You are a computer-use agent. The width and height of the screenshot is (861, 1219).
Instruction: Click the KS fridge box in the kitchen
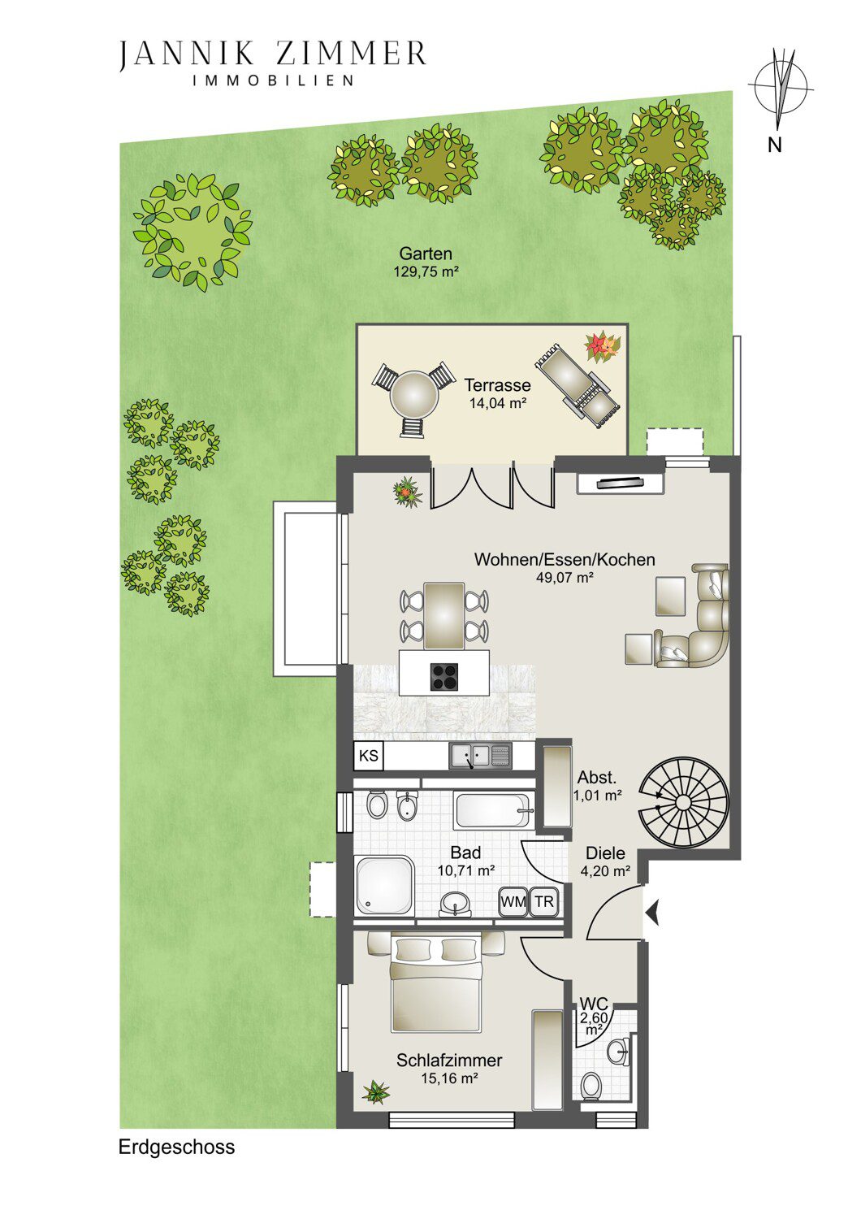pyautogui.click(x=369, y=756)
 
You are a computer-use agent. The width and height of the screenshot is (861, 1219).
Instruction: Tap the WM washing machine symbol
pyautogui.click(x=513, y=902)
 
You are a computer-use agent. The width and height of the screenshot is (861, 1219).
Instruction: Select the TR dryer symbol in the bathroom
pyautogui.click(x=544, y=902)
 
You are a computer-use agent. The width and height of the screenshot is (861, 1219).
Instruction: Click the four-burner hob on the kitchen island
pyautogui.click(x=443, y=677)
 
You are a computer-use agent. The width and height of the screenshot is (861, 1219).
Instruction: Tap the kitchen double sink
pyautogui.click(x=481, y=756)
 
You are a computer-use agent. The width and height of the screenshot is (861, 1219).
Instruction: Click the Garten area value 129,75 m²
pyautogui.click(x=426, y=272)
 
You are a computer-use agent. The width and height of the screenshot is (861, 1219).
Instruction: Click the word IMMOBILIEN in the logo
pyautogui.click(x=274, y=80)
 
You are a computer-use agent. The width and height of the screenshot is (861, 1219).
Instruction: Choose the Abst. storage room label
pyautogui.click(x=597, y=777)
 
